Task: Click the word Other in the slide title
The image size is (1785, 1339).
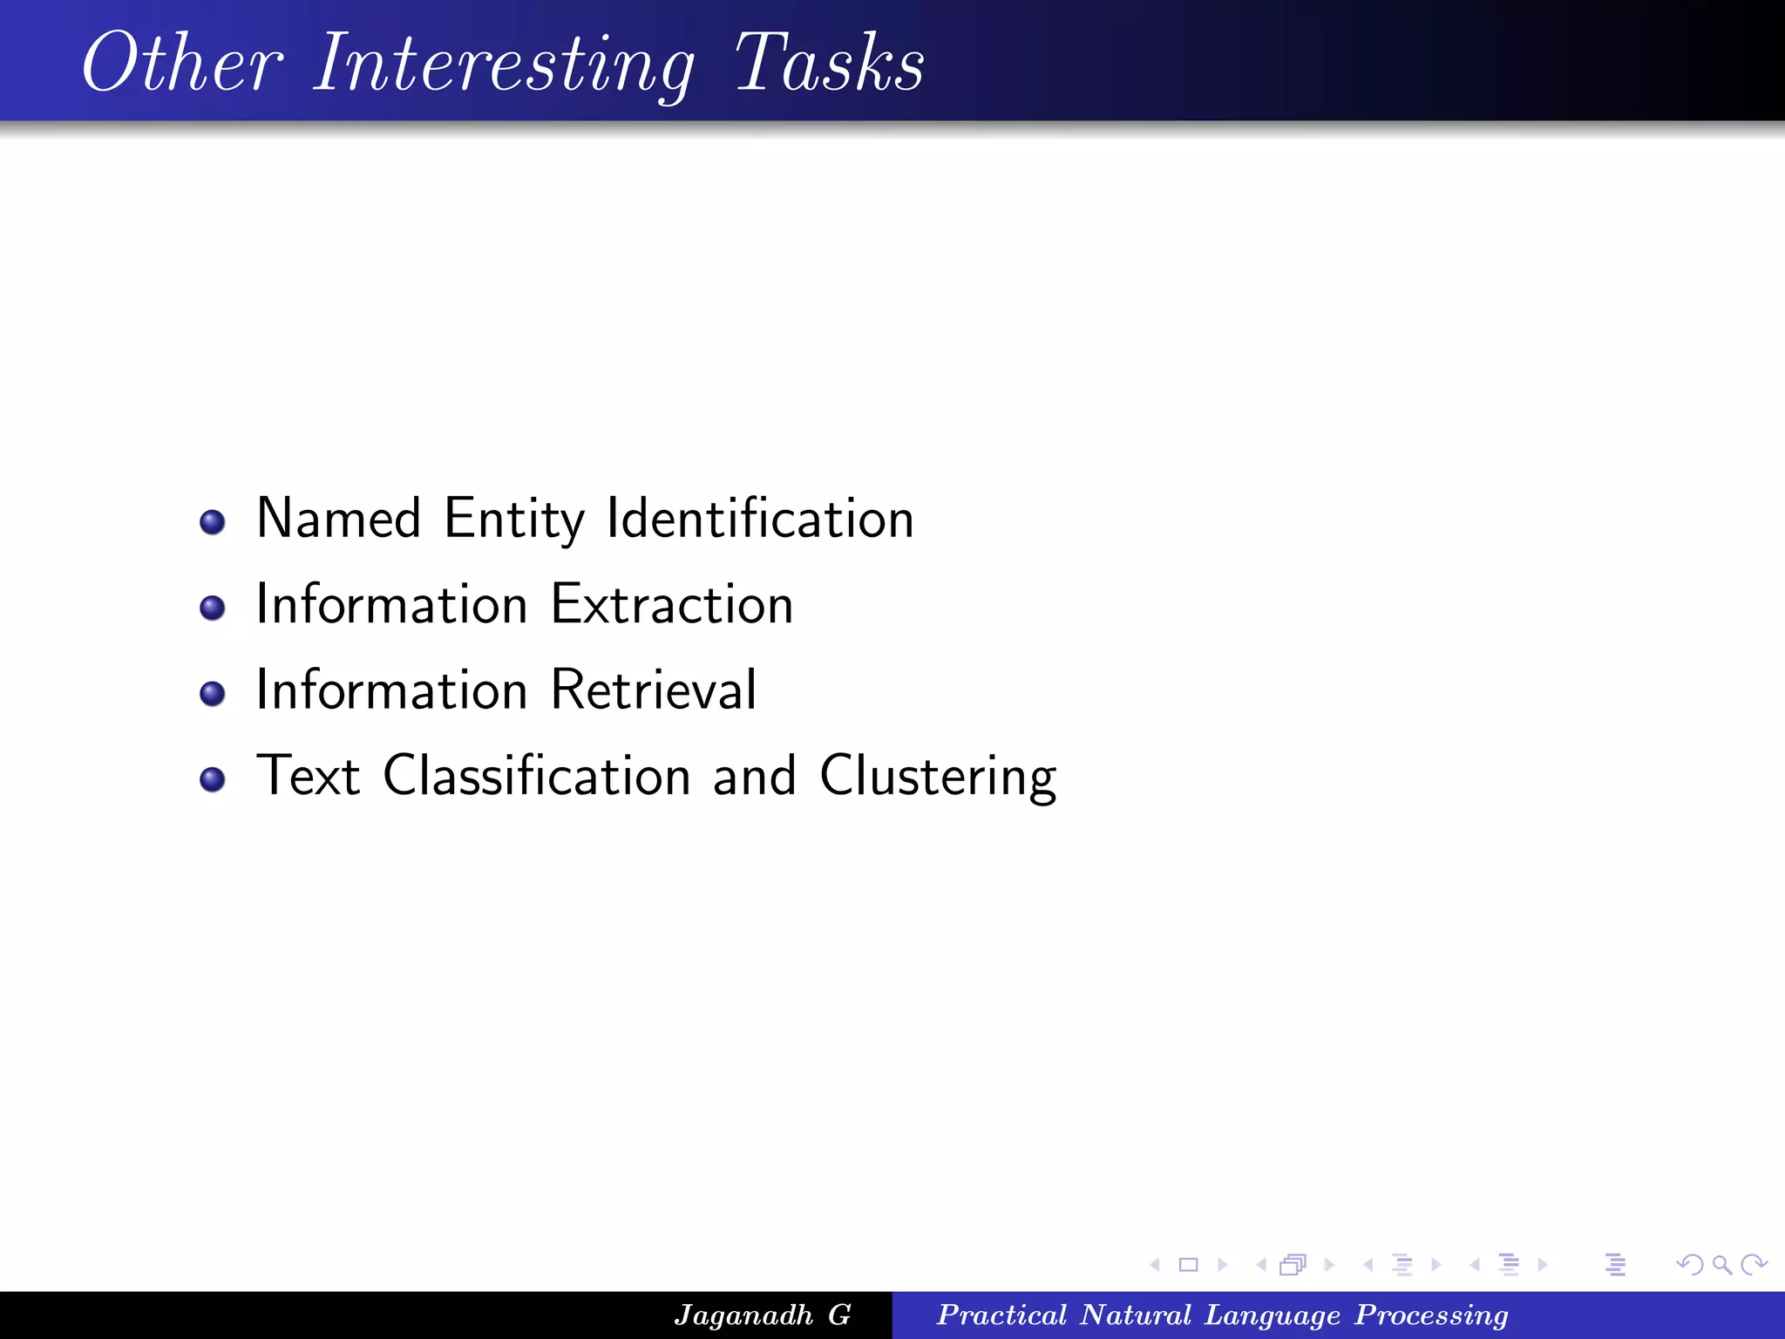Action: [182, 63]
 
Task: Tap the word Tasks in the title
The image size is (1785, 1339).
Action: [829, 63]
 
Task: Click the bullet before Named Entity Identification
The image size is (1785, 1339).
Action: [213, 522]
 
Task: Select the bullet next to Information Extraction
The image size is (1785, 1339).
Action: [213, 608]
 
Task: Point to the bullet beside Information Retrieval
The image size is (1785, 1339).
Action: [213, 693]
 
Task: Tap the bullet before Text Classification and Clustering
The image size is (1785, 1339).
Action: [213, 778]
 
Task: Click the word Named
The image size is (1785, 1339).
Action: [339, 519]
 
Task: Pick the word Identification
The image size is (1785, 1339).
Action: [760, 519]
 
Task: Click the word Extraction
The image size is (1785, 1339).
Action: [672, 604]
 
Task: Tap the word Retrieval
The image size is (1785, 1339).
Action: [654, 690]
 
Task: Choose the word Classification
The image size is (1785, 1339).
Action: [537, 775]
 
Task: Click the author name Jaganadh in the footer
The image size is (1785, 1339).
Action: [743, 1315]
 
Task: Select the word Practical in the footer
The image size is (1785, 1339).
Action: [1001, 1315]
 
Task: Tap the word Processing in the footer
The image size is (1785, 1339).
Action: [1431, 1315]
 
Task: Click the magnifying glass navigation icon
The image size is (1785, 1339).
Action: [1721, 1264]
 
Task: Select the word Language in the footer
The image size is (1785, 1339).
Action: [1272, 1315]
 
